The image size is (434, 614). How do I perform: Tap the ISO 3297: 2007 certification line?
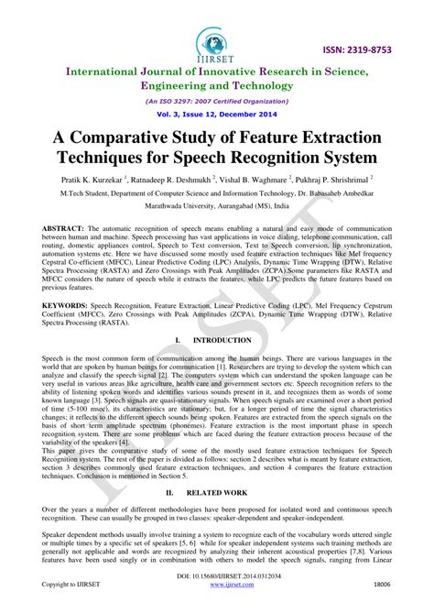(x=217, y=102)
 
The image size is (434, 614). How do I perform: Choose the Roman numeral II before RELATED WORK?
(x=169, y=491)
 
